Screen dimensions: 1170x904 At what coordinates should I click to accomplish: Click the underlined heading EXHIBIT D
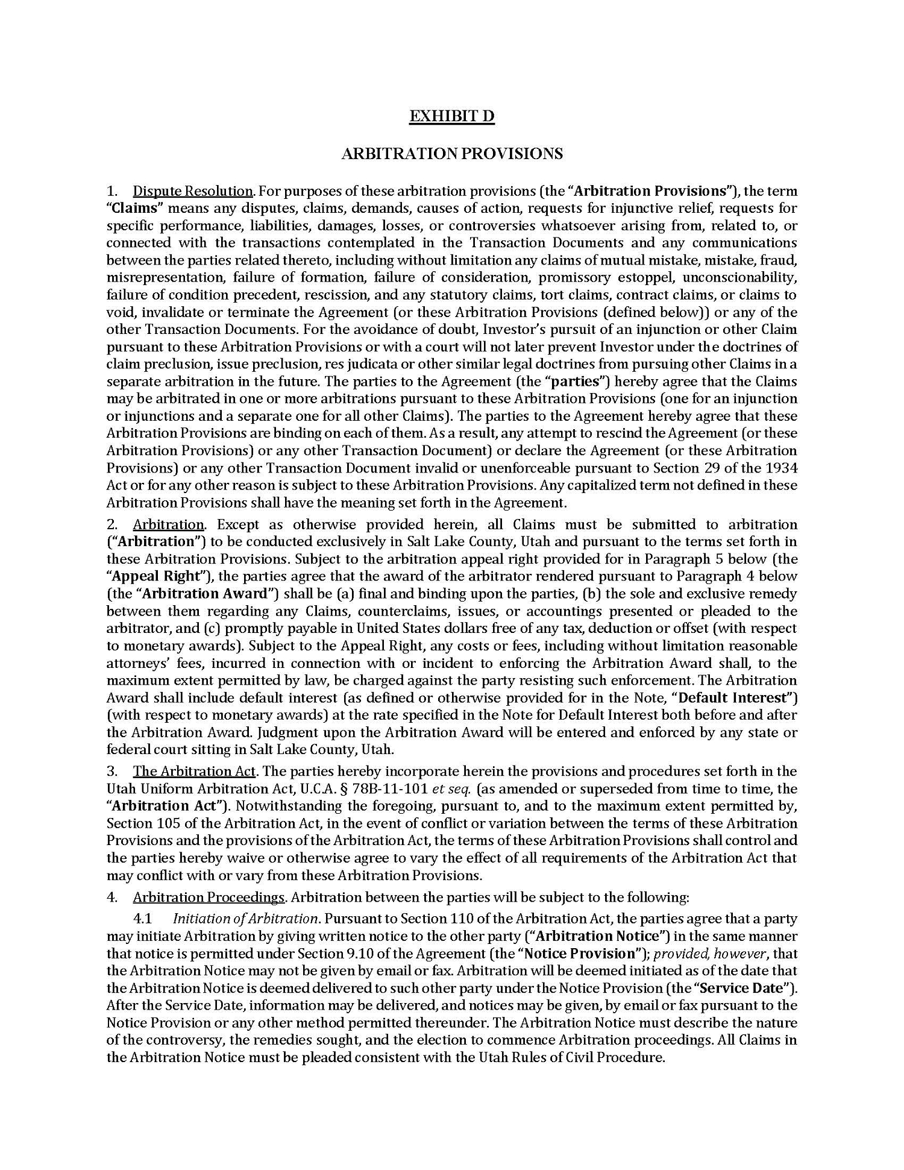[x=451, y=116]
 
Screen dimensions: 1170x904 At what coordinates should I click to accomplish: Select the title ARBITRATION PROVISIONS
[x=452, y=154]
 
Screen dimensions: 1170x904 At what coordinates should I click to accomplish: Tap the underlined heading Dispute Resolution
[x=192, y=191]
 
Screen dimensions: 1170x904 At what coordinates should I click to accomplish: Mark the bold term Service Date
[x=745, y=989]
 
